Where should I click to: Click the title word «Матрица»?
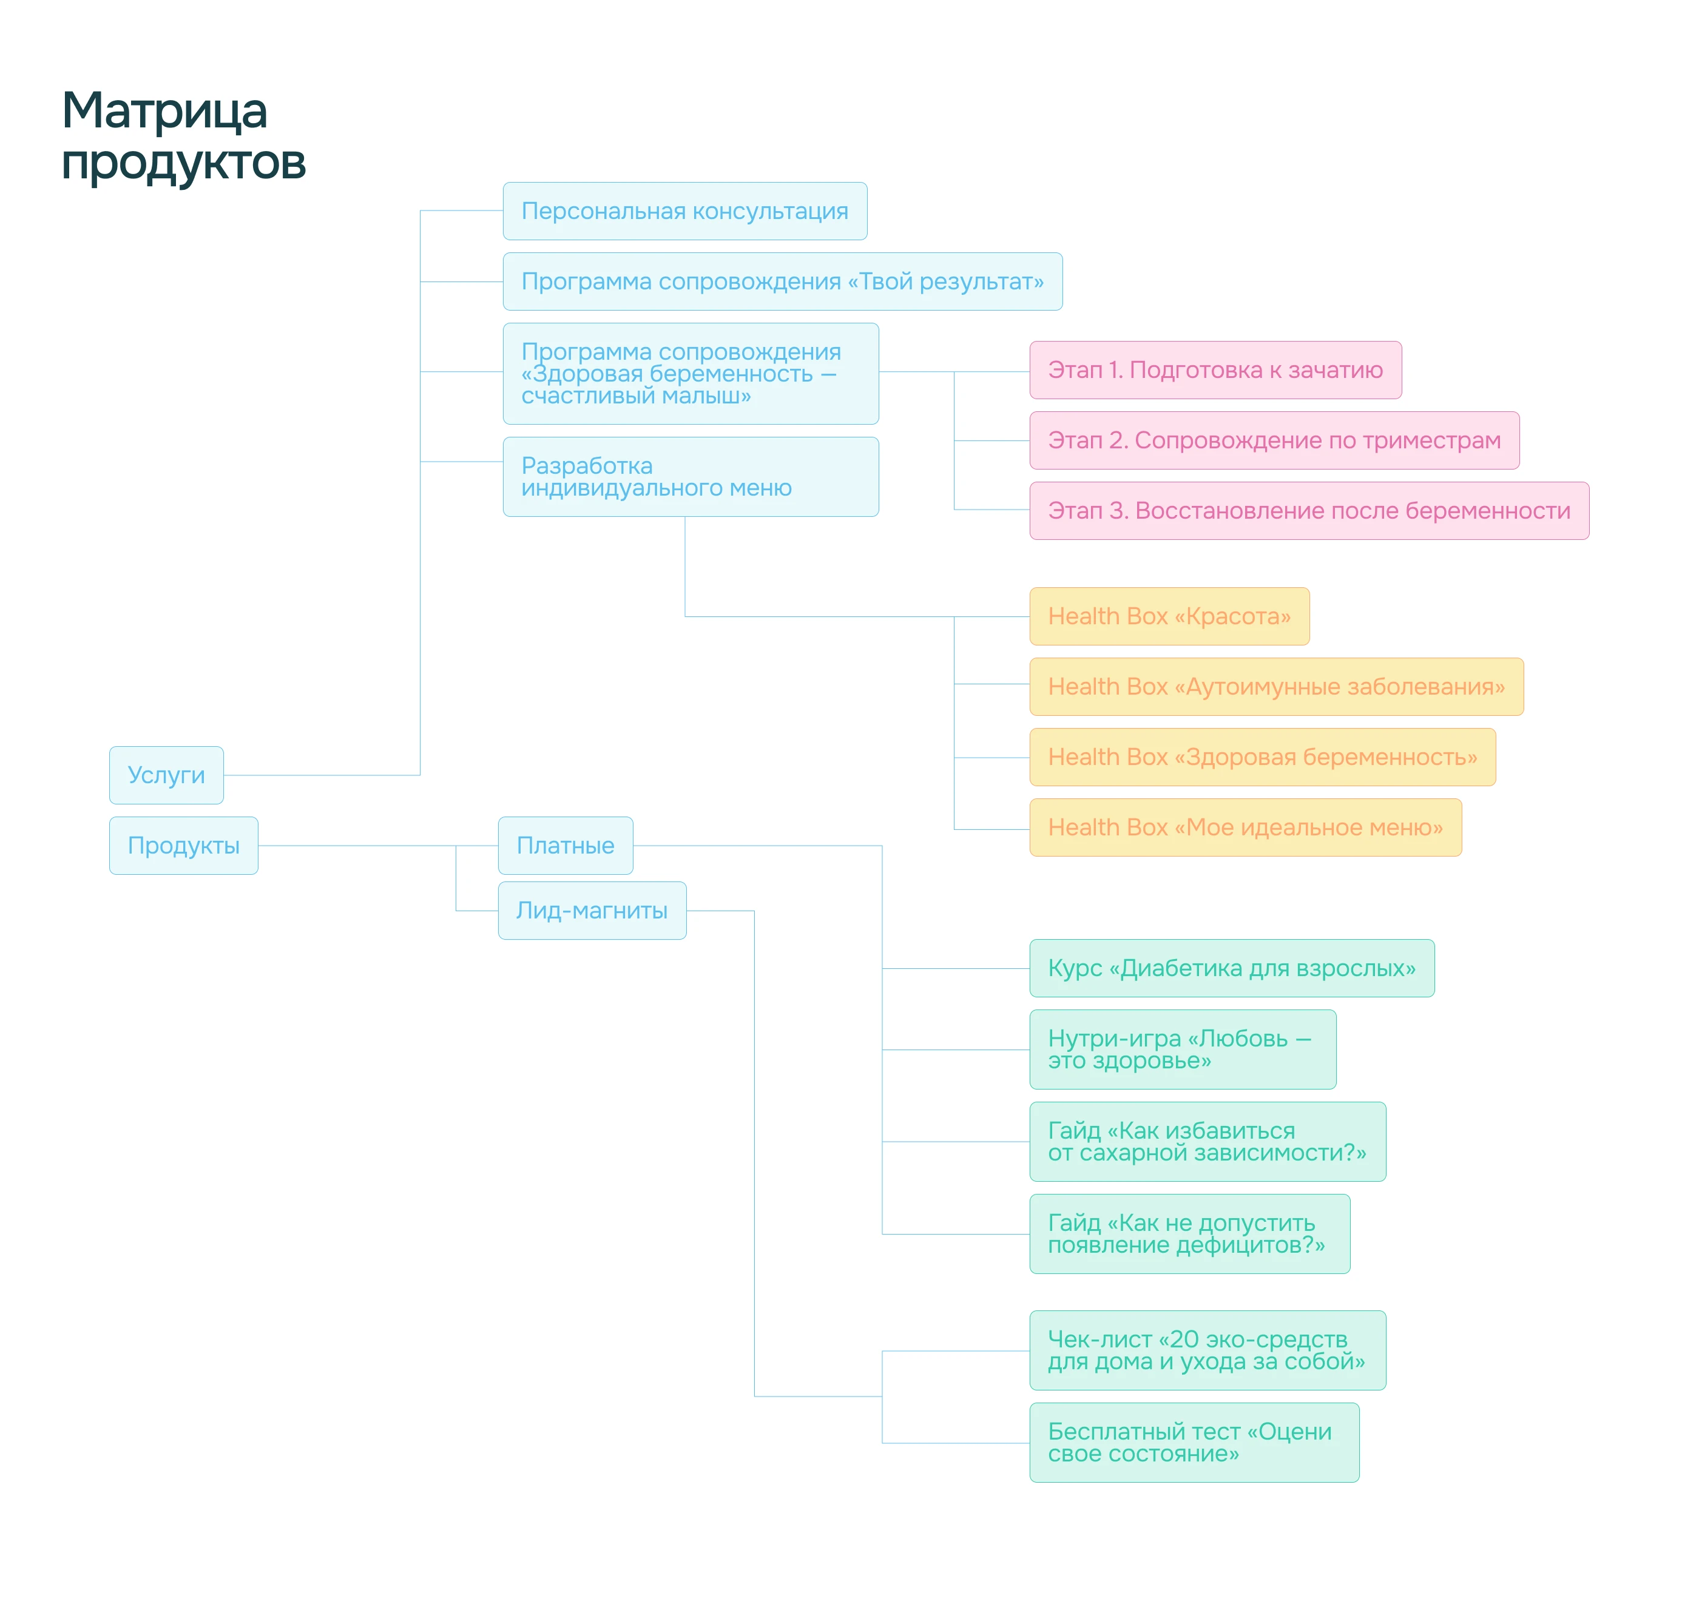coord(164,111)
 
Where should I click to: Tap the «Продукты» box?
coord(183,846)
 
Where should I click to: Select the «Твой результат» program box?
coord(782,281)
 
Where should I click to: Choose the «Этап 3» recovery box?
coord(1308,510)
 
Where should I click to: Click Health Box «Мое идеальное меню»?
coord(1245,827)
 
